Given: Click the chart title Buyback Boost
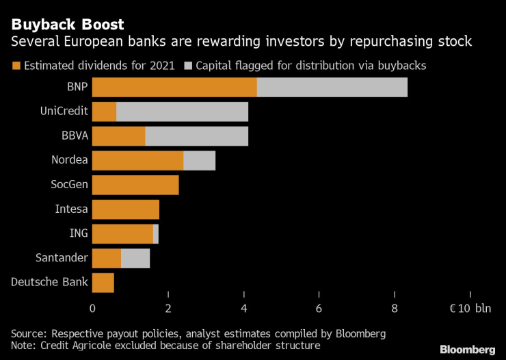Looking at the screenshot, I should pos(67,25).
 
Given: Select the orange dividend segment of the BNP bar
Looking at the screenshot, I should pos(174,88).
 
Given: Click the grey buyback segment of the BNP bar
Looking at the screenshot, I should pos(332,88).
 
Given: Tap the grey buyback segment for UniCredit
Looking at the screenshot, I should pos(182,112).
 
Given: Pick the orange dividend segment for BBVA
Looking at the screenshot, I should pos(118,136).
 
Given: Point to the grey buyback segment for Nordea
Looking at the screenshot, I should pos(199,161).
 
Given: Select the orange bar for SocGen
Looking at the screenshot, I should pos(135,185).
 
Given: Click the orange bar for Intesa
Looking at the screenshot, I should pos(126,209).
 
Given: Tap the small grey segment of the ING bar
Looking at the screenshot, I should pos(156,233).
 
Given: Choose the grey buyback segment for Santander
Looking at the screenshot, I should pos(135,258).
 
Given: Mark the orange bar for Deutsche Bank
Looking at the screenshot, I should pos(103,282).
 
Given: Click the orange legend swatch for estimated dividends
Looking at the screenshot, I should pos(16,66).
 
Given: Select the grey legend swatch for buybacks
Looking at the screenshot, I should pos(188,66).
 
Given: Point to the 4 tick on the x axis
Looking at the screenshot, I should pos(244,308).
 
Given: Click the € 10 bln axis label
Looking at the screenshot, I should pos(470,308).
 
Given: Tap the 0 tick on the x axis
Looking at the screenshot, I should pos(92,308).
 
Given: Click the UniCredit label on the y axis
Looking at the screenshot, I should pos(65,112).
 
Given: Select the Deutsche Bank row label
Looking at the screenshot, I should pos(50,282).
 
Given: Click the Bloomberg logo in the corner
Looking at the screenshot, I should pos(468,350).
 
